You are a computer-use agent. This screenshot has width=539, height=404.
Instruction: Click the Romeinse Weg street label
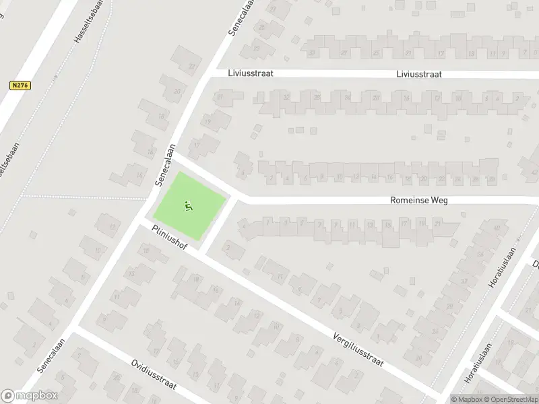[419, 200]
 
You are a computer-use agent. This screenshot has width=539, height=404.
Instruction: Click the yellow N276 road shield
[20, 86]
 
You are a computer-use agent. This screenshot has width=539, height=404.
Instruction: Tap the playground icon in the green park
[188, 205]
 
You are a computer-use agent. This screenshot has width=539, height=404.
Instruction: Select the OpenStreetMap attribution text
[511, 399]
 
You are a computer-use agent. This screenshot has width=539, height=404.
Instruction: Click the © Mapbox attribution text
[467, 399]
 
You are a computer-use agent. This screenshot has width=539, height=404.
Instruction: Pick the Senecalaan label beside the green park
[164, 165]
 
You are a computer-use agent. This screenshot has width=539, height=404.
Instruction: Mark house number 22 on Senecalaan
[193, 65]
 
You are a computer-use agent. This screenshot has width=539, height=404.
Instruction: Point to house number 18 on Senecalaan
[160, 116]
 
